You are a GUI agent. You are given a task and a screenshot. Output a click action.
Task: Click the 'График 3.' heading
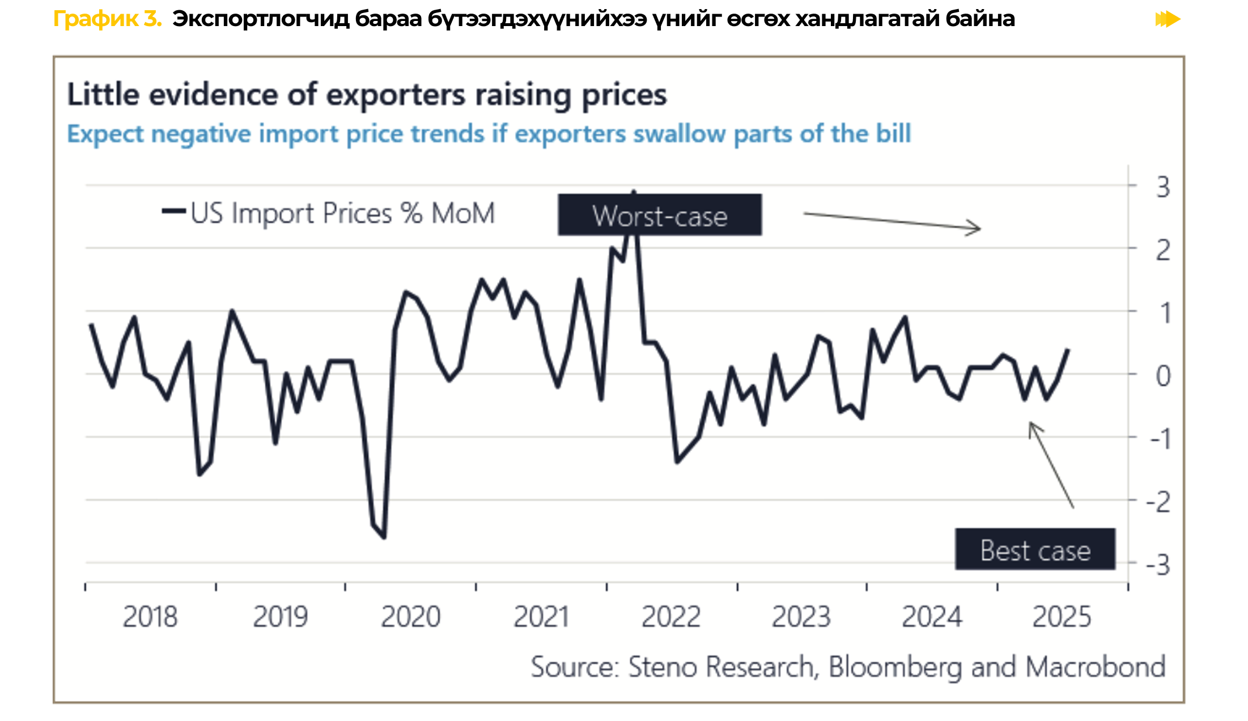107,19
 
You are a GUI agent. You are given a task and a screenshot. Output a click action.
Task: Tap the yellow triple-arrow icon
1168,19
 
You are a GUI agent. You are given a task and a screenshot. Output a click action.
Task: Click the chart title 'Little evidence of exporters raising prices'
367,95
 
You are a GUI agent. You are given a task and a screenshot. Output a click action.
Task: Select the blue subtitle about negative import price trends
489,134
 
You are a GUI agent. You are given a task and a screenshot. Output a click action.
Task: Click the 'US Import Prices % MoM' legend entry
329,214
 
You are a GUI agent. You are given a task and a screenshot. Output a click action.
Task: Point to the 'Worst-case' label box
660,215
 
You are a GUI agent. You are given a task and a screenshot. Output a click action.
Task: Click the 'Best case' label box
1035,550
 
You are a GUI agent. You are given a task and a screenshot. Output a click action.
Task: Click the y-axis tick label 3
1162,187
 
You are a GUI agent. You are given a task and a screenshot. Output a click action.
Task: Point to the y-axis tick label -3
1158,565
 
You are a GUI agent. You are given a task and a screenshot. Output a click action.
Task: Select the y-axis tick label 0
1163,376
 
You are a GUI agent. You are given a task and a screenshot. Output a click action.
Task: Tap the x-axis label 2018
150,617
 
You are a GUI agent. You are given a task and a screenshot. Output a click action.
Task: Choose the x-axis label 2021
541,617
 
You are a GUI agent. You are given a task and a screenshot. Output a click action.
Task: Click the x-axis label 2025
1062,617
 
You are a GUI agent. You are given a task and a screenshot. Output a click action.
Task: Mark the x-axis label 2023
801,617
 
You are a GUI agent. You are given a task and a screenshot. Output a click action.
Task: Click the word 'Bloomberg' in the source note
895,667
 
